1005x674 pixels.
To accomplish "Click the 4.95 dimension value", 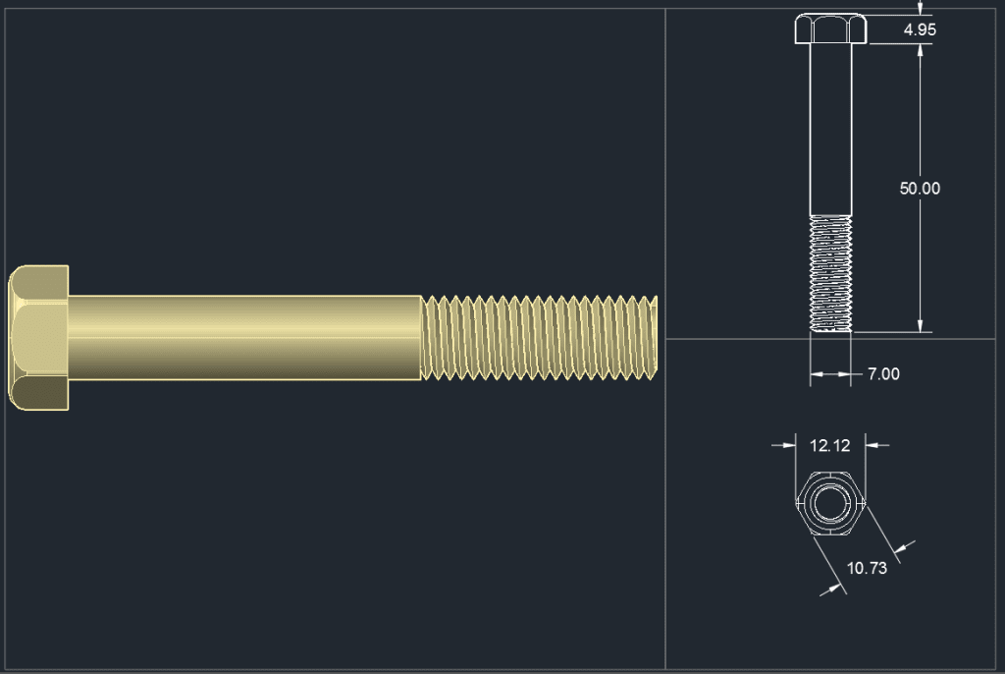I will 920,29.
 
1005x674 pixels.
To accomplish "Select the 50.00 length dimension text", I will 920,189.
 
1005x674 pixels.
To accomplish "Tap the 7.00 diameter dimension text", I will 883,374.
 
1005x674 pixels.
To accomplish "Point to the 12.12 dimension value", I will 829,446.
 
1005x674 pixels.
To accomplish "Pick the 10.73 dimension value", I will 866,568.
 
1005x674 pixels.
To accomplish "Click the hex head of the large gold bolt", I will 38,337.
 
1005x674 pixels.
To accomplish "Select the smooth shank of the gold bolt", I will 245,338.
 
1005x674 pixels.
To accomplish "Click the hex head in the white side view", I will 830,28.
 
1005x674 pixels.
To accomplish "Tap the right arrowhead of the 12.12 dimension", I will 872,446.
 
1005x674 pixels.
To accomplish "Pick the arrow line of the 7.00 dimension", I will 830,374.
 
